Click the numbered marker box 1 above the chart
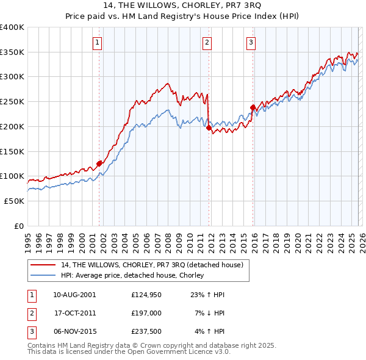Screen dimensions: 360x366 click(98, 42)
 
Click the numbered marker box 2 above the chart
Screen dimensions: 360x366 click(207, 42)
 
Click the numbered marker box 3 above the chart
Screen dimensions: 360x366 click(251, 42)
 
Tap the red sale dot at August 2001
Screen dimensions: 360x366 click(99, 163)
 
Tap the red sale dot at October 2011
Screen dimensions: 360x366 click(209, 128)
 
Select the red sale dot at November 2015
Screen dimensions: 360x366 click(253, 107)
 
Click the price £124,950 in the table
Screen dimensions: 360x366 click(145, 294)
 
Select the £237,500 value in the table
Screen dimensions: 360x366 click(145, 332)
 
